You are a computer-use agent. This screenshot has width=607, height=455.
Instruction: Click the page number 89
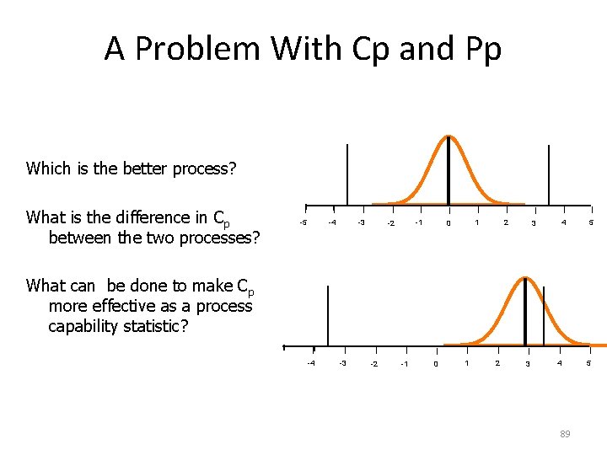565,434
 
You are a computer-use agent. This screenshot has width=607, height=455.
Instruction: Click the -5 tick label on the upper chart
304,222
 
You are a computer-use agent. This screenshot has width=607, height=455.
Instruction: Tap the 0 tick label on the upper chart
449,223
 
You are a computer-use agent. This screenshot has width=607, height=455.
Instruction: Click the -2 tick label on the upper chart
389,223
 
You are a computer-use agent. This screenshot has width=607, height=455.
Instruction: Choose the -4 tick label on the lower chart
312,363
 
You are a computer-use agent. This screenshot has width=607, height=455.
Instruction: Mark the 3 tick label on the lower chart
527,364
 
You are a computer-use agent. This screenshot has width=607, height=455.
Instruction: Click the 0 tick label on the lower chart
435,364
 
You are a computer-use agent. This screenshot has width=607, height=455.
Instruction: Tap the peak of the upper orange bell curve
449,137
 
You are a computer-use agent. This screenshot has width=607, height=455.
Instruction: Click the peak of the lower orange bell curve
525,279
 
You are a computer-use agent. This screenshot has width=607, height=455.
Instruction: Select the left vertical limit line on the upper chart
346,174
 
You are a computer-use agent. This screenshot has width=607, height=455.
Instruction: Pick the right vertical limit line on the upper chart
549,174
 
